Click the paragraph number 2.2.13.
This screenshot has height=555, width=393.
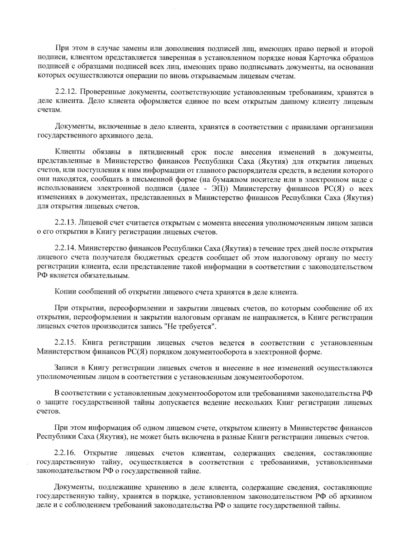tap(65, 223)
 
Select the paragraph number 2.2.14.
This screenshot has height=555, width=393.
tap(65, 249)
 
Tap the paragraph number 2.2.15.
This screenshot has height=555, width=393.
tap(65, 343)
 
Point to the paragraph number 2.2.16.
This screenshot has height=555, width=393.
tap(65, 454)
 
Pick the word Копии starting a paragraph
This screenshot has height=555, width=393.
tap(65, 292)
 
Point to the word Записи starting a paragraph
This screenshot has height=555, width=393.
tap(66, 368)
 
